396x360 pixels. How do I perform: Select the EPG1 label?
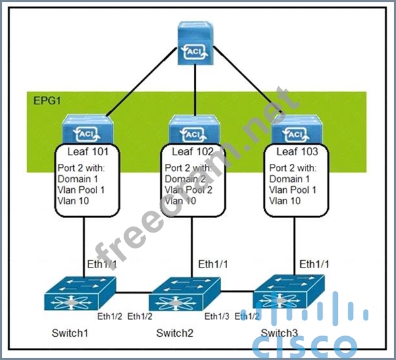(x=47, y=101)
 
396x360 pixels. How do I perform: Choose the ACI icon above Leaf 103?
(x=295, y=132)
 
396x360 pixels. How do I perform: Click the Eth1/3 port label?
(x=216, y=316)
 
